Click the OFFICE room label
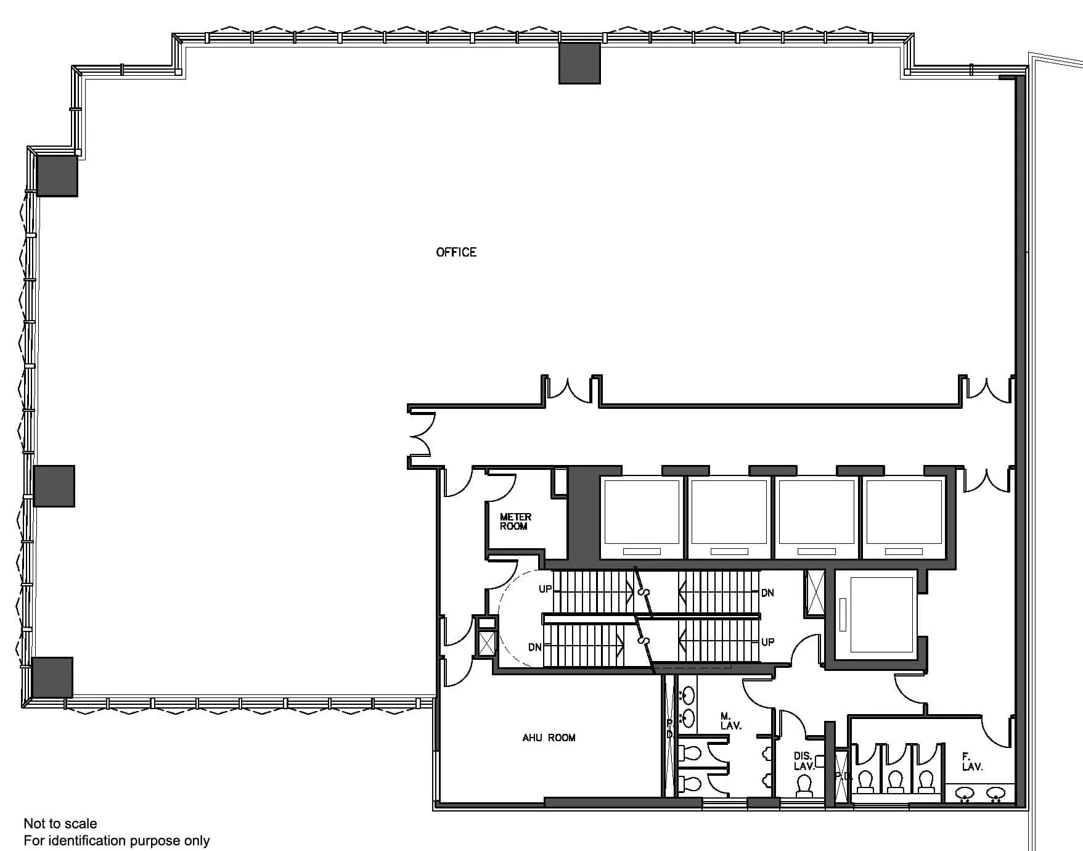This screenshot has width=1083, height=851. point(456,252)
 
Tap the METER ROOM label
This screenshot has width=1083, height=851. point(515,522)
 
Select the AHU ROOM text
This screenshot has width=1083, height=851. point(549,738)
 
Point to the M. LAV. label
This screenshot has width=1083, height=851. point(730,721)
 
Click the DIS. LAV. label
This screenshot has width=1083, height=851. point(804,761)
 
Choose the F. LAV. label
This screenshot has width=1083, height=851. point(972,762)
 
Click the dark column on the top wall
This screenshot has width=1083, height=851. point(579,63)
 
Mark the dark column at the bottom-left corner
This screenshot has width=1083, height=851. point(52,677)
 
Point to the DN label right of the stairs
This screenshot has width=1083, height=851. point(767,593)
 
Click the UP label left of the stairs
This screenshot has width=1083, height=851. point(545,589)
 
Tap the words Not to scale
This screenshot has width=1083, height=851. point(60,823)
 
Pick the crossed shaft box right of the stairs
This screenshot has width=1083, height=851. point(815,593)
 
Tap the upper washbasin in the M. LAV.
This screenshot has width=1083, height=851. point(688,696)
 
